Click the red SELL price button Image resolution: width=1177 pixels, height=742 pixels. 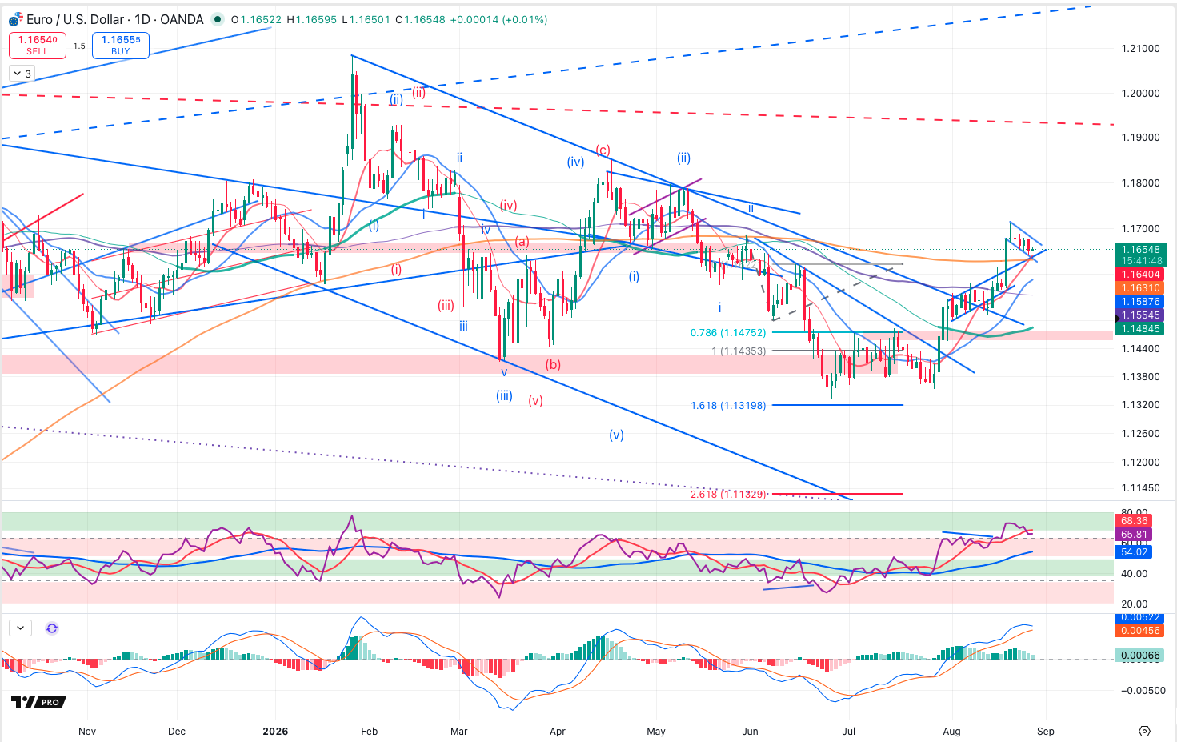38,45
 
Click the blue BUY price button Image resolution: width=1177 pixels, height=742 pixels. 120,45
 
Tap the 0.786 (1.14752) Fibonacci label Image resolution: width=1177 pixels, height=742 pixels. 728,333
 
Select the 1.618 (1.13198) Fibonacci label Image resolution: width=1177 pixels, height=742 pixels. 728,405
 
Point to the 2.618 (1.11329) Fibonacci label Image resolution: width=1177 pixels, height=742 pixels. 728,494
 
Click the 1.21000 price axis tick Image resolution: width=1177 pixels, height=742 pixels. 1140,49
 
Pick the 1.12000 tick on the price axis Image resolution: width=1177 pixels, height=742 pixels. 1140,463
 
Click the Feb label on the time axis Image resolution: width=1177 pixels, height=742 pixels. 370,731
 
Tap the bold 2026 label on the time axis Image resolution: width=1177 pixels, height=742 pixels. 275,731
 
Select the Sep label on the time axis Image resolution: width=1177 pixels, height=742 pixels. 1046,731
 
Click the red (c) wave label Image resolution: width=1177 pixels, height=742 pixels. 603,150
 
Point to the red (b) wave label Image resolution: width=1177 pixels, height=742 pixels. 553,364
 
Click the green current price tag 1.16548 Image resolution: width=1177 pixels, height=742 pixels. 1139,250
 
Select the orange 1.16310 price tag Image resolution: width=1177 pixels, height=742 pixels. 1139,288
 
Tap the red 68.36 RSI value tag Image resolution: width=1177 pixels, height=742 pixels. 1133,521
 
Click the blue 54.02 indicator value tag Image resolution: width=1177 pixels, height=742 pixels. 1133,552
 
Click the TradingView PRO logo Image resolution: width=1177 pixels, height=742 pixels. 39,702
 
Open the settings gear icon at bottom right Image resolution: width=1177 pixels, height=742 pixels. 1144,731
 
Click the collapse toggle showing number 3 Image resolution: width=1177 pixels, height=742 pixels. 22,74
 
